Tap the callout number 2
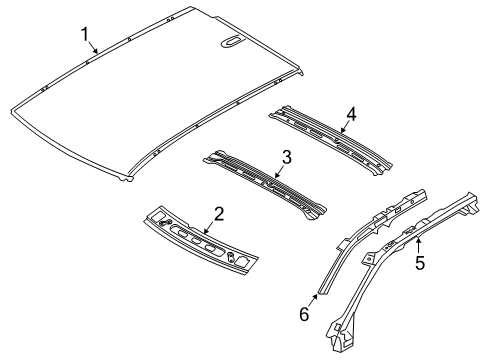[218, 212]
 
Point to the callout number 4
[349, 112]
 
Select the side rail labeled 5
[400, 250]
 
